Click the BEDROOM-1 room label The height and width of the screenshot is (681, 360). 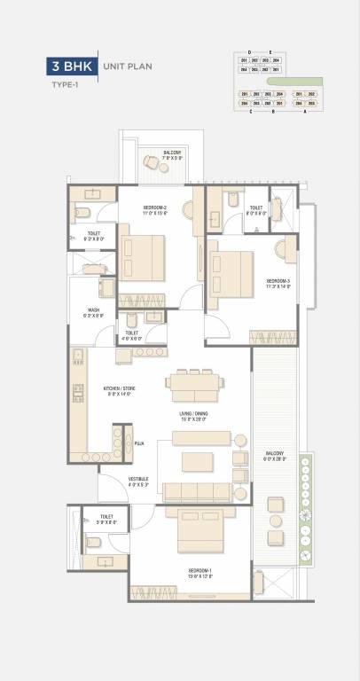tap(200, 572)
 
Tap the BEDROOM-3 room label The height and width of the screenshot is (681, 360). tap(278, 283)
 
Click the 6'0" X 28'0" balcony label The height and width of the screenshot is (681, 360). tap(274, 458)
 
